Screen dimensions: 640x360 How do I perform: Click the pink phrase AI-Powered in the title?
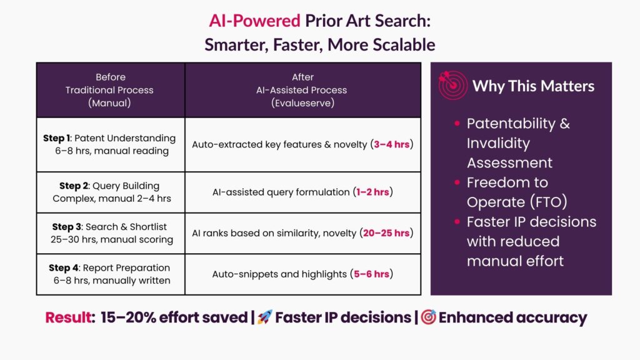click(255, 21)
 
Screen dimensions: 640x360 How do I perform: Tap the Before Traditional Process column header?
click(111, 90)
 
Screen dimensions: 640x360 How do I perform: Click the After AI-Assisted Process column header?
click(302, 90)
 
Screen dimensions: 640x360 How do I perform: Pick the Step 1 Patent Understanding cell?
click(111, 144)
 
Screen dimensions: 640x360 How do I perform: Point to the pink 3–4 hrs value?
click(391, 144)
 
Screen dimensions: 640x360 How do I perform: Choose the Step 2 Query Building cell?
click(111, 192)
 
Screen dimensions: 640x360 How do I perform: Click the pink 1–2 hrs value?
click(372, 192)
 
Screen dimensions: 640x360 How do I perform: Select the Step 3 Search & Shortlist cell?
click(111, 233)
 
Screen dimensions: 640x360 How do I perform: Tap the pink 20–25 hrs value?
click(386, 233)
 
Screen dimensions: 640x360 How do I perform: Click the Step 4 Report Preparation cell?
click(111, 274)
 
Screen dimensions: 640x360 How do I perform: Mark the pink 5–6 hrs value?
click(371, 274)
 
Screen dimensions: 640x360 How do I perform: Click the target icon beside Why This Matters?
click(452, 84)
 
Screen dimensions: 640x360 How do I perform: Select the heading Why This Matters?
click(533, 86)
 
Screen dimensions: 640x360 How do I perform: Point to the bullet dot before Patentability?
click(457, 123)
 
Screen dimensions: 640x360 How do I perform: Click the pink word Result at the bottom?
click(70, 317)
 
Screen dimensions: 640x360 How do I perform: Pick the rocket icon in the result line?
click(264, 317)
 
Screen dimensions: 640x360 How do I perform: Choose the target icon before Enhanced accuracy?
click(429, 317)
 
